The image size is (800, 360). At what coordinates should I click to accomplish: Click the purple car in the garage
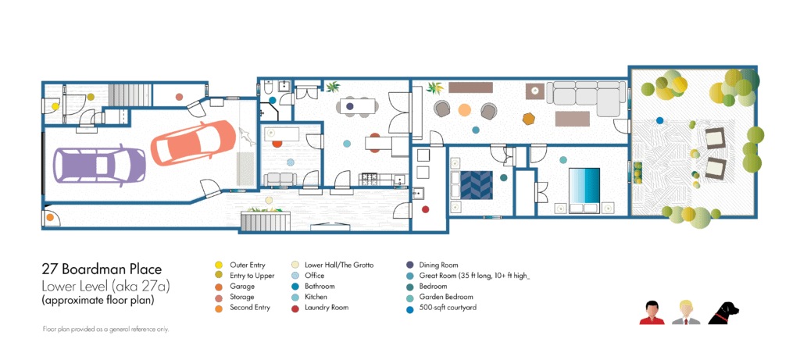click(99, 164)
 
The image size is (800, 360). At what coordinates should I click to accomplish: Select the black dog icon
click(724, 312)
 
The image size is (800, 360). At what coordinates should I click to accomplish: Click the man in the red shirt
click(652, 313)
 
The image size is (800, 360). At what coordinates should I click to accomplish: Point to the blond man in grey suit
click(685, 313)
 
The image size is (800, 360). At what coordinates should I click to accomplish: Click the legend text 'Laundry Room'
click(327, 308)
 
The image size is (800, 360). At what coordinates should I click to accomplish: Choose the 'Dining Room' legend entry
click(438, 266)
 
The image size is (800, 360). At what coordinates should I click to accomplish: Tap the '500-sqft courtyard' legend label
click(448, 308)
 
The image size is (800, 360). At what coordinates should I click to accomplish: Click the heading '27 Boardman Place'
click(102, 269)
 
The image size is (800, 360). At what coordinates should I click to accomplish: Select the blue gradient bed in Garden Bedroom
click(584, 191)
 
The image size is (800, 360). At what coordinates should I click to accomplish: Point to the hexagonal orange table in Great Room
click(529, 119)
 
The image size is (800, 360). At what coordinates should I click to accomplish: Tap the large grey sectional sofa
click(586, 98)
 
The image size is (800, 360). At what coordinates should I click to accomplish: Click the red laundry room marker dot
click(426, 209)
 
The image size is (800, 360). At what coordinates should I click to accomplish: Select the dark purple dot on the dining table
click(350, 106)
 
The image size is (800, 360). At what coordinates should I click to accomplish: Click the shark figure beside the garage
click(246, 136)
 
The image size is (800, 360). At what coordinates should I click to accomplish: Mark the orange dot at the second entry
click(50, 217)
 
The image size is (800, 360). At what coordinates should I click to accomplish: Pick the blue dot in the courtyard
click(659, 120)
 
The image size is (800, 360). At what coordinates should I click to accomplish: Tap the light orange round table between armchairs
click(464, 109)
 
